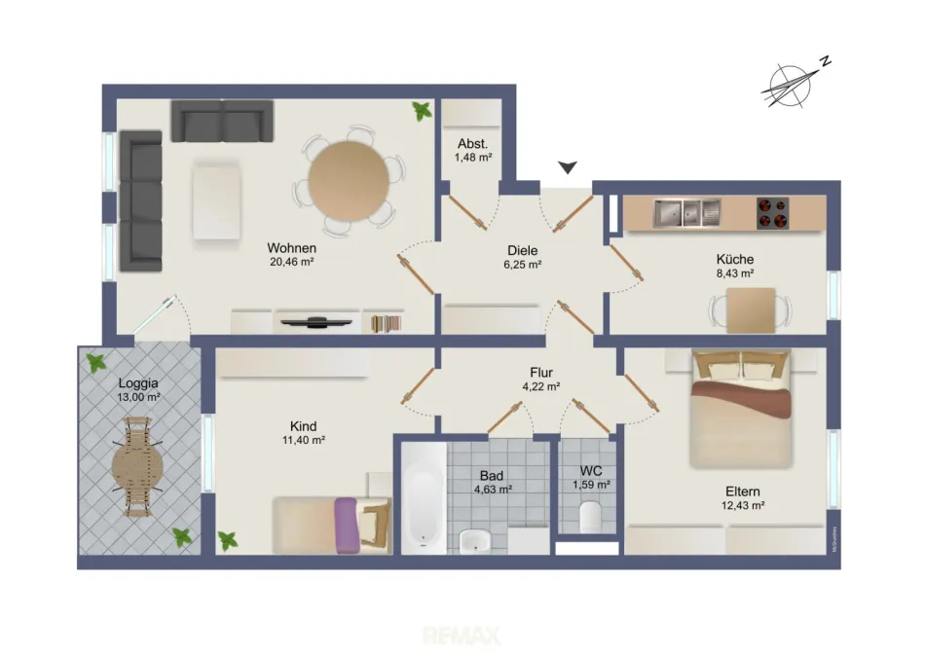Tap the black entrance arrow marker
point(568,168)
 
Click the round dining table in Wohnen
point(349,181)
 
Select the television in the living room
point(316,322)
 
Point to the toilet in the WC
point(590,518)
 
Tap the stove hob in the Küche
point(773,213)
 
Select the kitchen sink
point(687,213)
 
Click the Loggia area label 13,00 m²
point(138,397)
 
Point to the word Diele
point(523,250)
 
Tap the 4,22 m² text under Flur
point(541,386)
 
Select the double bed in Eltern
point(741,409)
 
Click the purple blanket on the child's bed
point(347,526)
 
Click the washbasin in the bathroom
point(475,541)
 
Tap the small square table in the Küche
point(751,310)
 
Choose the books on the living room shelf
point(386,323)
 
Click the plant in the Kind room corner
point(227,540)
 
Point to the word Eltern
point(743,491)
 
